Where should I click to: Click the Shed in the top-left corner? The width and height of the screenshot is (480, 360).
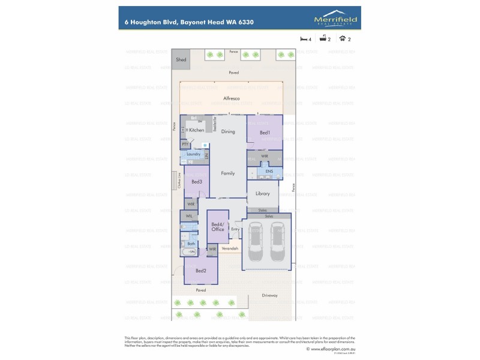point(181,60)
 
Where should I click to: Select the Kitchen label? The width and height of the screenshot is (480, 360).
point(197,130)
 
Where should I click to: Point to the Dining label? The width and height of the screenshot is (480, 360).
point(228,131)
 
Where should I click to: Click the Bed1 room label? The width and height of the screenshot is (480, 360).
point(265,132)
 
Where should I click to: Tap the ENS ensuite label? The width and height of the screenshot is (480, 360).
point(269,172)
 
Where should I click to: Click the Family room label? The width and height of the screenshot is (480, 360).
point(228,173)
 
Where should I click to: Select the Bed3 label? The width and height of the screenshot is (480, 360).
point(196,181)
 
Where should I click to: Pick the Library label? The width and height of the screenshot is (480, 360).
point(263,194)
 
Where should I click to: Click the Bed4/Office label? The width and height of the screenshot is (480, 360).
point(217,227)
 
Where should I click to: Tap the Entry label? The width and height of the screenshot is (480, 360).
point(235,229)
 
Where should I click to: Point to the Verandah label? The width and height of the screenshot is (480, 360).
point(230,248)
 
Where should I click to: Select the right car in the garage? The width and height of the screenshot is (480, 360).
point(277,242)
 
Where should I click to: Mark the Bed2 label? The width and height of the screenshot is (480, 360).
point(200,271)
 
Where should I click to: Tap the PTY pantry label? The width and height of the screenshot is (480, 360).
point(185,145)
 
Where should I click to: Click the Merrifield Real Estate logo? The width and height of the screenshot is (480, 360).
point(335,21)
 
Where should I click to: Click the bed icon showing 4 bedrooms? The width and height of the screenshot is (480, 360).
point(304,39)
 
